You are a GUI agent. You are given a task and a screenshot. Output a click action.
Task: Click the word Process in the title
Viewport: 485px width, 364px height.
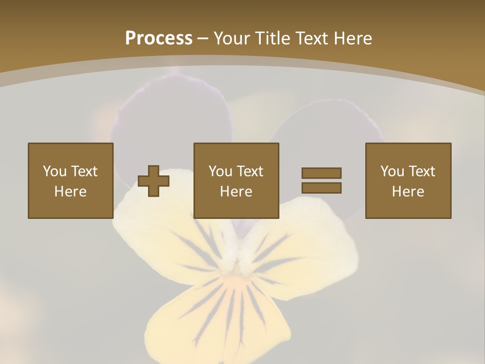159,38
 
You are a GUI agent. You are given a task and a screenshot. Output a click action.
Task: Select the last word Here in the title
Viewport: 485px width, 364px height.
352,38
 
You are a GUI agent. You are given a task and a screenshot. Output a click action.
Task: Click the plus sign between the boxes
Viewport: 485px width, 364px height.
154,181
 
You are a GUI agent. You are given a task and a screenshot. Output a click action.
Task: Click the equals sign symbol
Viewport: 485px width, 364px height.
321,180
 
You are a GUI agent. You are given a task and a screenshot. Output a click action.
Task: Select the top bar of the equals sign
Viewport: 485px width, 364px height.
321,173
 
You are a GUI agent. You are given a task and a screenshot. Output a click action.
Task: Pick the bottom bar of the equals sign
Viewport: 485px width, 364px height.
321,188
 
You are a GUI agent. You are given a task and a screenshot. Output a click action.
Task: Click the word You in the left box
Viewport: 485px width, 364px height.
55,171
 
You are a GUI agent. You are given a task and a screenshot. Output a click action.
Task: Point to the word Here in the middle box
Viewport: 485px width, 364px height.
236,192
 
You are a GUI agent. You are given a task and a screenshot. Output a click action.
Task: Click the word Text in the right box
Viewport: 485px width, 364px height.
422,171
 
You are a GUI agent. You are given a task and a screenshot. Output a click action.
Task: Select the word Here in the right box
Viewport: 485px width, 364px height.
408,192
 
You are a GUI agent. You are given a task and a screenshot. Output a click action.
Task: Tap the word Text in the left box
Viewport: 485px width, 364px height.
84,171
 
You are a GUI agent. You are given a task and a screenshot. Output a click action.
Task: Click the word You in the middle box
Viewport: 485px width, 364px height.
220,171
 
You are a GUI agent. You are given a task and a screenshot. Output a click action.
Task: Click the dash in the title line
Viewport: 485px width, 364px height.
203,38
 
